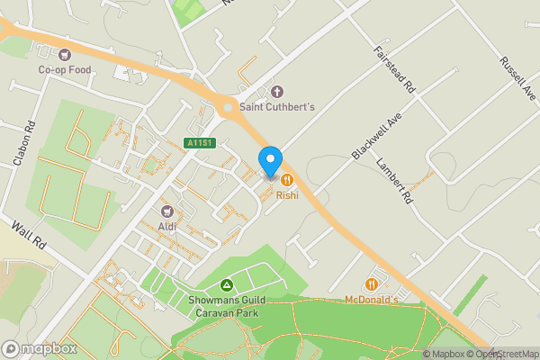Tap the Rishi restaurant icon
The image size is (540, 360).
point(286,180)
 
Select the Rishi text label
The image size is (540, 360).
point(286,194)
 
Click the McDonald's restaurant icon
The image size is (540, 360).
point(370,285)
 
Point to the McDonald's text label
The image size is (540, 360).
point(371,300)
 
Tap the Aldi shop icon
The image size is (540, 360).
point(166,211)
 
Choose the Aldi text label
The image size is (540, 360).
point(166,226)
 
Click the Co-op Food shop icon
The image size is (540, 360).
point(64,54)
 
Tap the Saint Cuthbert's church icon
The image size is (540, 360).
point(276,92)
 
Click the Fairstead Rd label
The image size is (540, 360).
point(394,69)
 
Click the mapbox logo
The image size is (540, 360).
point(39,348)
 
